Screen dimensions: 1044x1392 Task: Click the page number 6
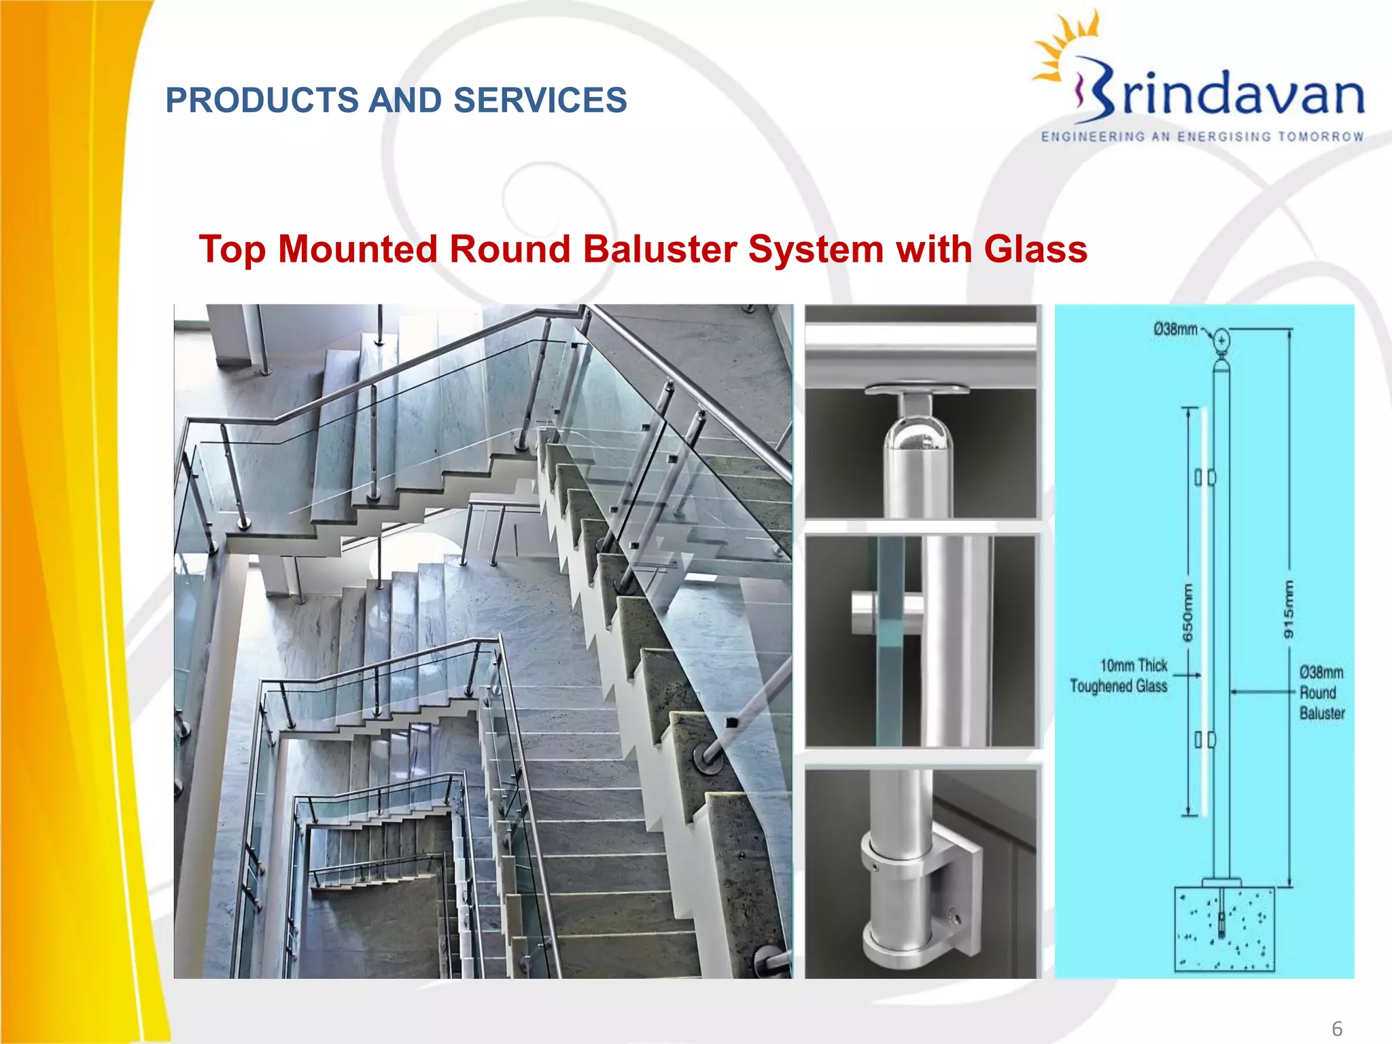click(x=1336, y=1028)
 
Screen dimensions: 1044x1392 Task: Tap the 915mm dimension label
click(x=1288, y=610)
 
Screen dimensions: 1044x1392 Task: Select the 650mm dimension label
click(x=1187, y=612)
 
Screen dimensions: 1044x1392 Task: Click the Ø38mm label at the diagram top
click(x=1175, y=330)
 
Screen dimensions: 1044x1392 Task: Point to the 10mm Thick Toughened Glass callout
click(x=1119, y=676)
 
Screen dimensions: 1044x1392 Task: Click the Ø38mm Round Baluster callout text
click(x=1321, y=693)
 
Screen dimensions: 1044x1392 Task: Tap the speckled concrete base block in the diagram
click(x=1223, y=929)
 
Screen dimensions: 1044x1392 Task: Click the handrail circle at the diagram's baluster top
click(x=1221, y=340)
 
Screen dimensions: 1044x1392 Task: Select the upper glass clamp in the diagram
click(x=1205, y=477)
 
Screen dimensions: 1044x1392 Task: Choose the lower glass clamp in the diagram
click(x=1205, y=739)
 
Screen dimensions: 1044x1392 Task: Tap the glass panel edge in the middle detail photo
click(x=890, y=639)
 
